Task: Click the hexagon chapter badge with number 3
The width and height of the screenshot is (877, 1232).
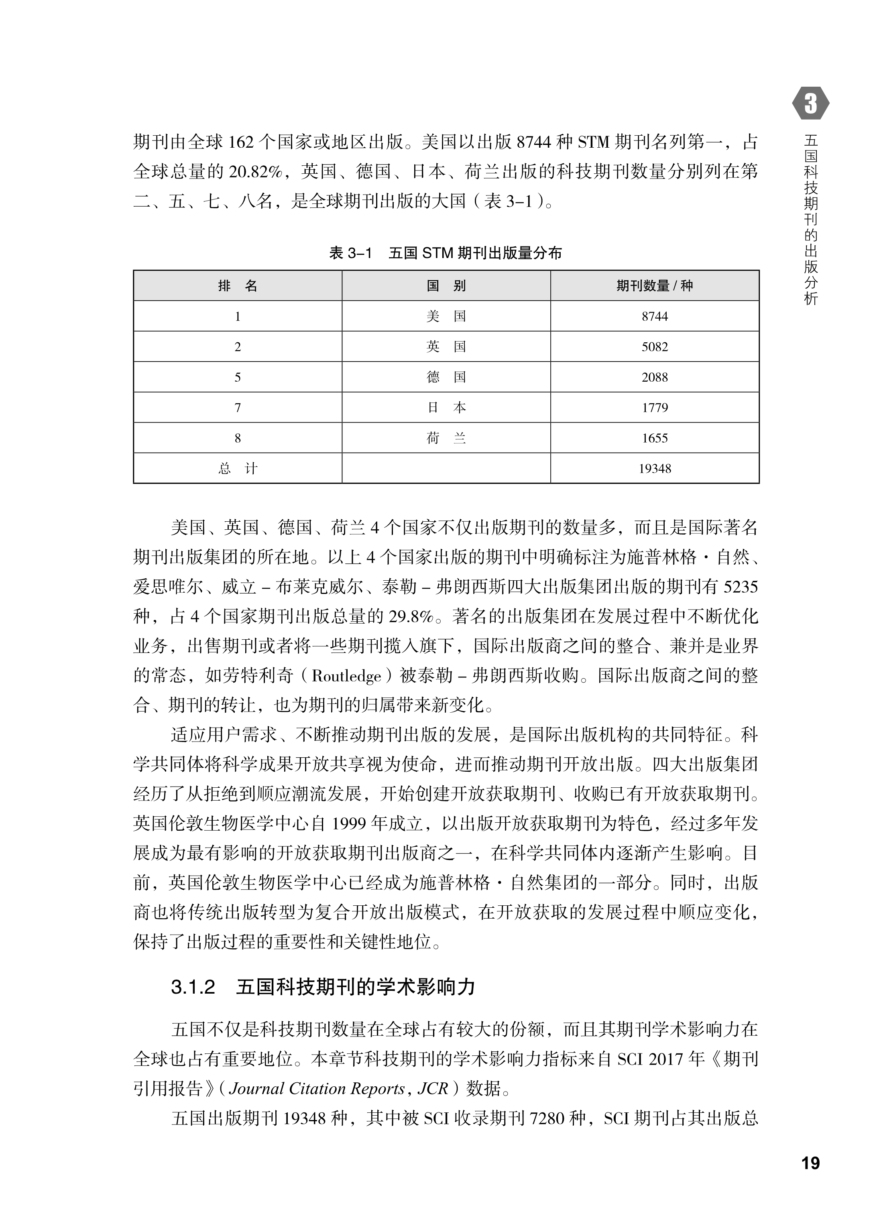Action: click(811, 103)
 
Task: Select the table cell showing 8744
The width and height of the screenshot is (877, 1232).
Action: click(655, 316)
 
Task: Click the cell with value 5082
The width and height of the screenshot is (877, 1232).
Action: click(655, 347)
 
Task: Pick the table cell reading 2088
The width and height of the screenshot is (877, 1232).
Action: click(655, 377)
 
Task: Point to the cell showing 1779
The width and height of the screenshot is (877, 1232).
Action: click(655, 408)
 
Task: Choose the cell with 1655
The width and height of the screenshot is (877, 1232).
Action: click(655, 438)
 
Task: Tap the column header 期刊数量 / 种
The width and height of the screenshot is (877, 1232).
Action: click(655, 286)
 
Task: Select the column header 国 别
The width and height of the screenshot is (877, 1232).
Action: click(446, 286)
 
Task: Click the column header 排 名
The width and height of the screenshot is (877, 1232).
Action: click(238, 286)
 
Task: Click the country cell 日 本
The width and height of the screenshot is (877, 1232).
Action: click(446, 408)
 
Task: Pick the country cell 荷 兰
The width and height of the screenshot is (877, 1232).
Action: click(446, 438)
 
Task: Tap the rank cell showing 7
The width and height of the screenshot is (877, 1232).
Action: click(238, 408)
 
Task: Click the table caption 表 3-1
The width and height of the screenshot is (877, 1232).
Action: click(350, 253)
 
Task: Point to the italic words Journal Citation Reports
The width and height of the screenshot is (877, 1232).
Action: click(316, 1088)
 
